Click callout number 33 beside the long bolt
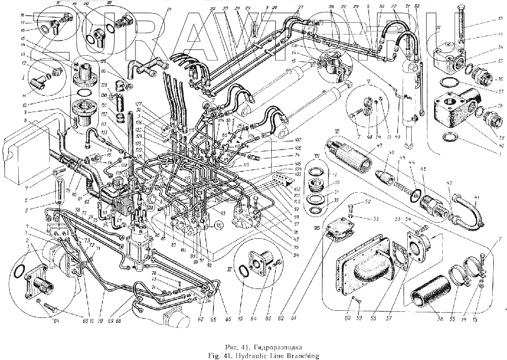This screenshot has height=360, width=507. click(x=500, y=19)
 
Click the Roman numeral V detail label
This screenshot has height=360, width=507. click(x=369, y=80)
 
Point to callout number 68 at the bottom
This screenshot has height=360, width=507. click(x=118, y=321)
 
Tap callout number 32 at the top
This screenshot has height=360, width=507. click(x=417, y=6)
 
